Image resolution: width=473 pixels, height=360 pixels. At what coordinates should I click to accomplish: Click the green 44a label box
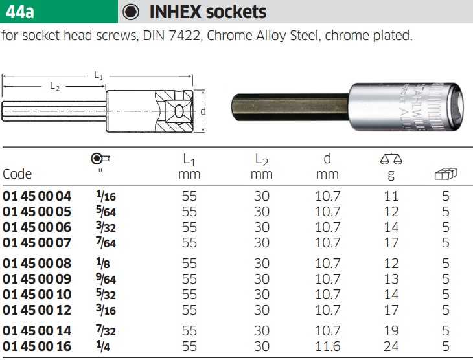coord(59,12)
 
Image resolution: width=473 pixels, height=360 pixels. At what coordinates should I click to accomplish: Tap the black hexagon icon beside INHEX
coord(131,12)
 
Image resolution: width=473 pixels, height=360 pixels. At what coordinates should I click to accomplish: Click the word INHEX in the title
coord(175,12)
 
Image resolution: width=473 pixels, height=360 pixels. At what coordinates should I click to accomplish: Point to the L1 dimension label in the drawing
coord(98,75)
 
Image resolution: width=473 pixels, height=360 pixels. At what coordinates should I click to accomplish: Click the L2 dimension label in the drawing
coord(54,87)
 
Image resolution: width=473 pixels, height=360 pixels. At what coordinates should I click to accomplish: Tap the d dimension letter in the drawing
coord(203,111)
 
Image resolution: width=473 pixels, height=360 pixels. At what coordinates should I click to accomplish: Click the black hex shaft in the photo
coord(290,107)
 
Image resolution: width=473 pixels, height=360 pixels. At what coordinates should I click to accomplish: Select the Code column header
coord(17,174)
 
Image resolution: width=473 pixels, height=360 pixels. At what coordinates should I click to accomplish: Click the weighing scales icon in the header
coord(391,159)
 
